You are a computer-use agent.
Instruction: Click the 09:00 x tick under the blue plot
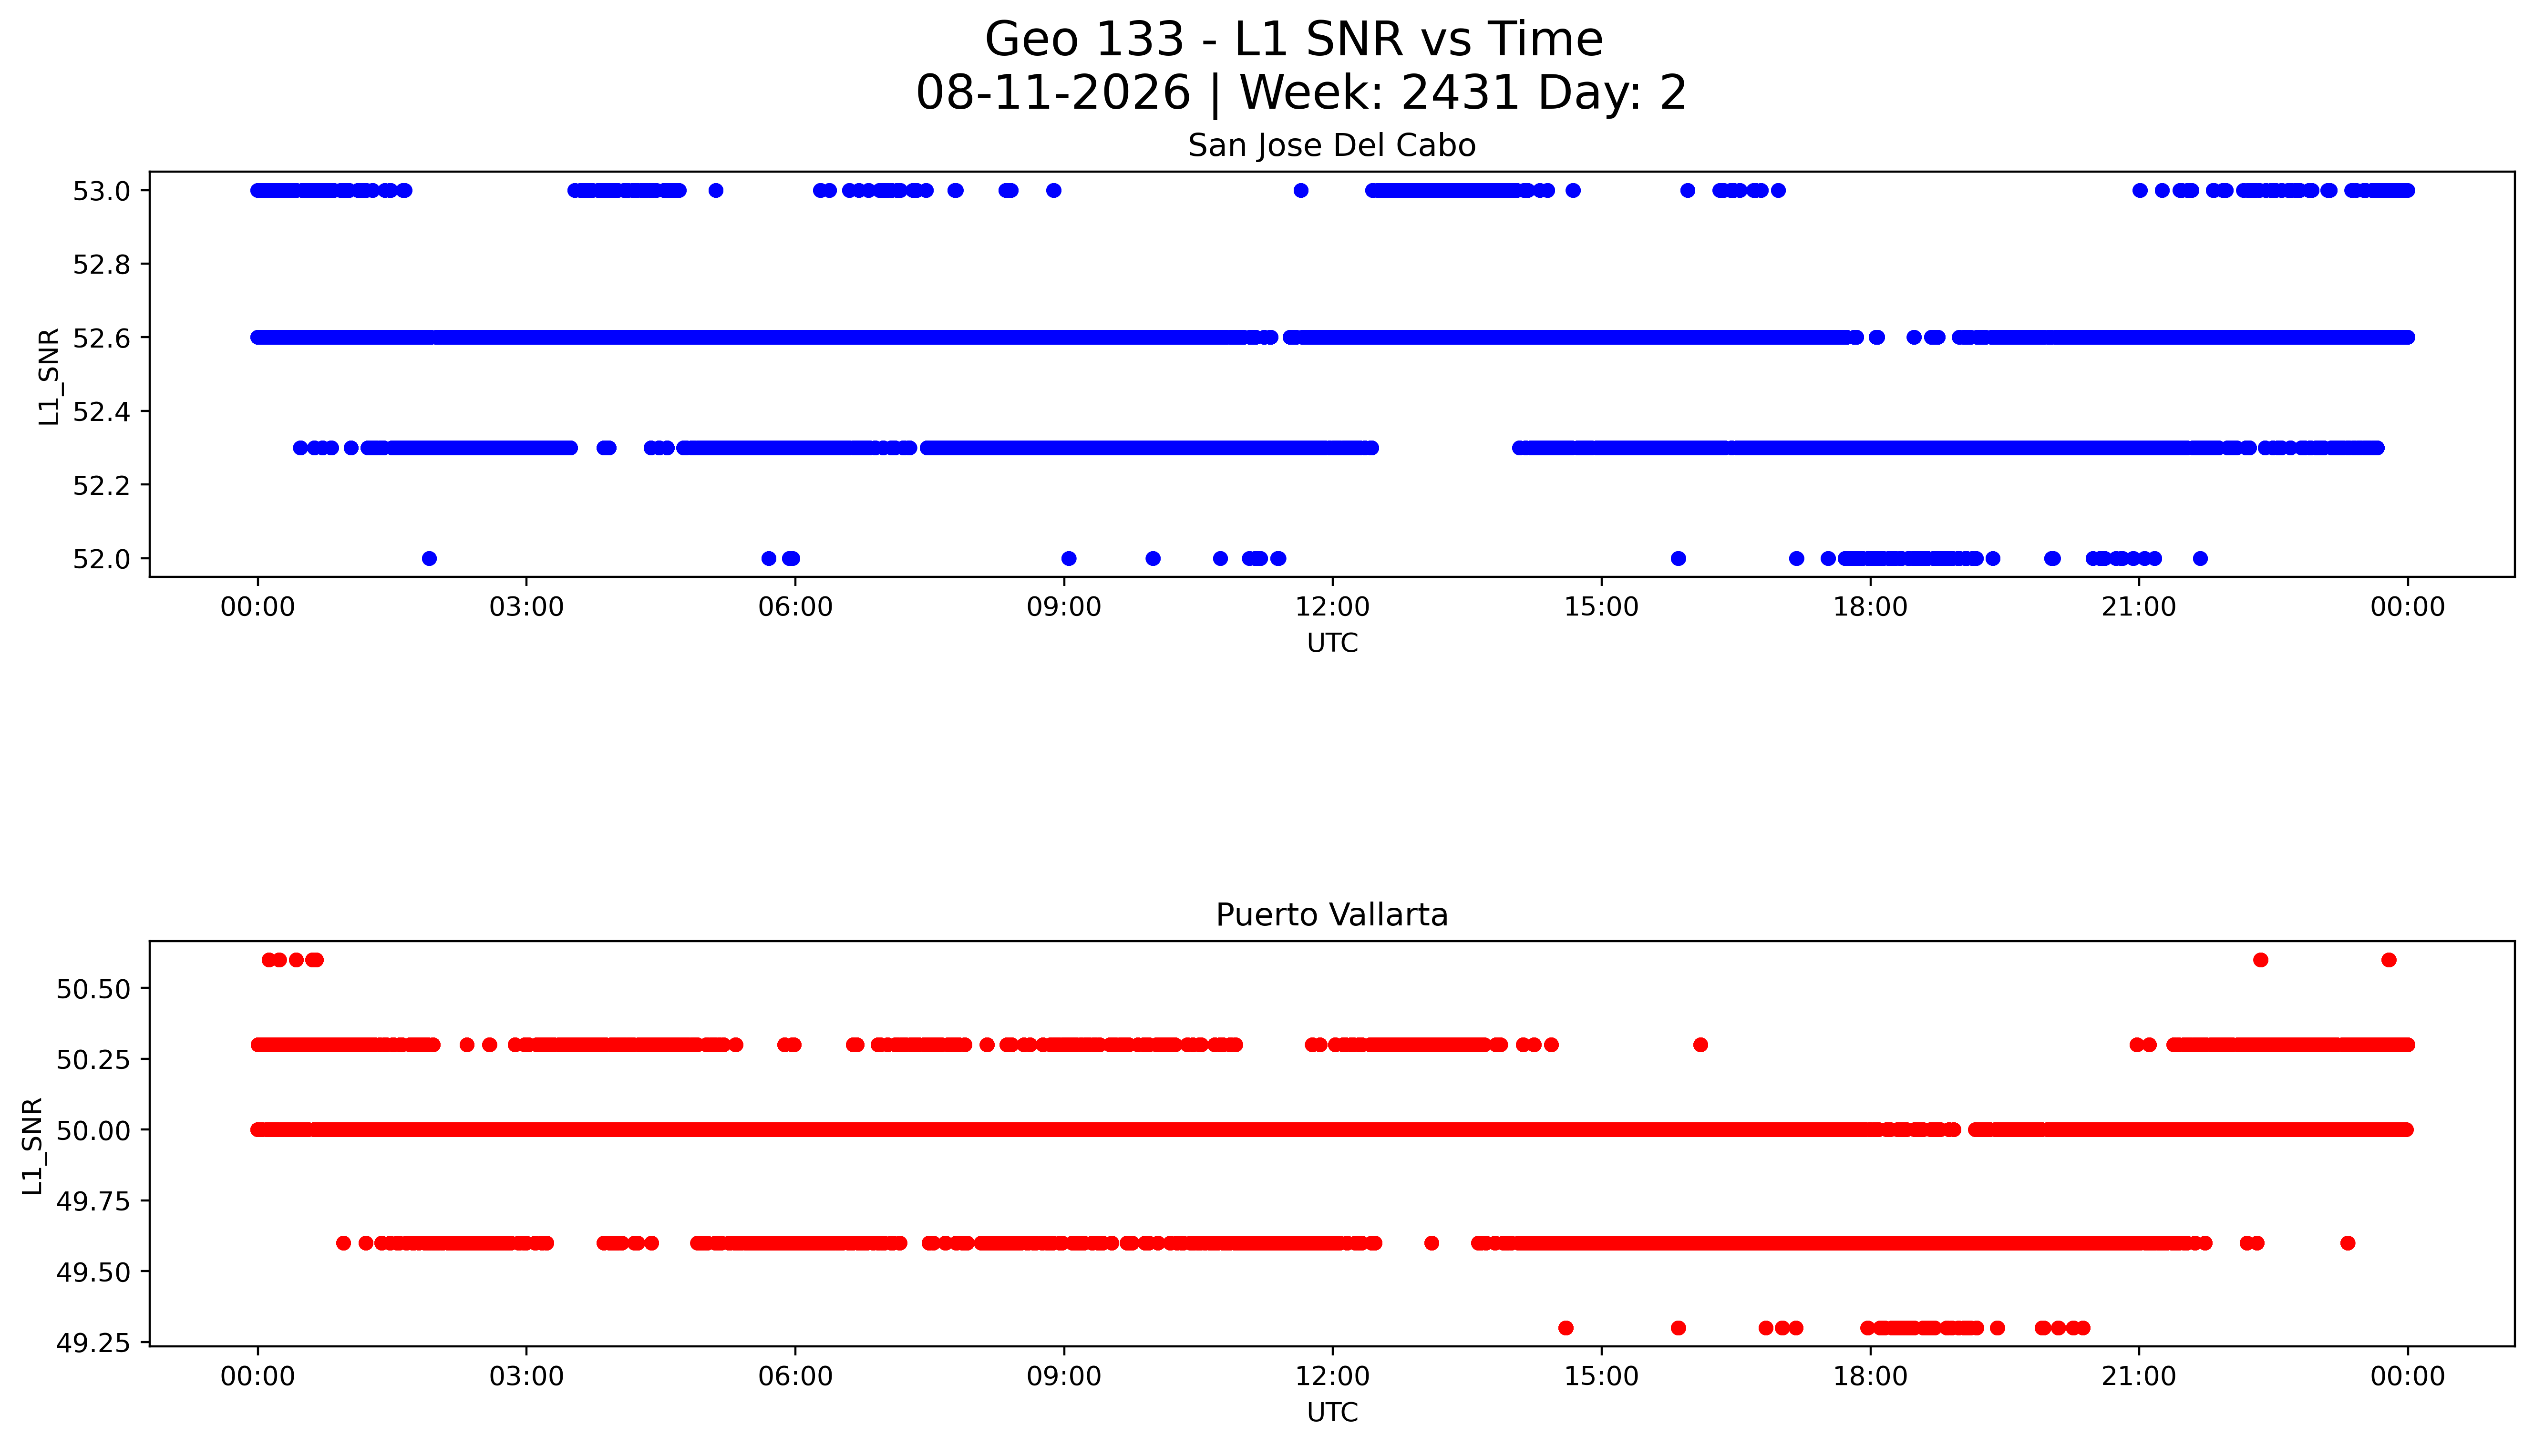pos(1064,607)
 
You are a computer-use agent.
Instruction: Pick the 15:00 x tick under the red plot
pos(1601,1376)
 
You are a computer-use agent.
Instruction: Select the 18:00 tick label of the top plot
pos(1869,607)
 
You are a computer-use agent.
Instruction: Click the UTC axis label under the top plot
pos(1332,644)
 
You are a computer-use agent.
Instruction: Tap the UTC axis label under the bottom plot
pos(1332,1412)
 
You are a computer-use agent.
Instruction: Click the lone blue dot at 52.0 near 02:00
pos(429,558)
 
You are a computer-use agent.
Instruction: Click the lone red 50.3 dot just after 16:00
pos(1700,1045)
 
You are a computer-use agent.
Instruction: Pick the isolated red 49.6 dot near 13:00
pos(1432,1243)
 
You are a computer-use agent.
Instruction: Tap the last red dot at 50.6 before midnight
pos(2389,959)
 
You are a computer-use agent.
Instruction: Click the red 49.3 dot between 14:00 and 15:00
pos(1566,1328)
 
